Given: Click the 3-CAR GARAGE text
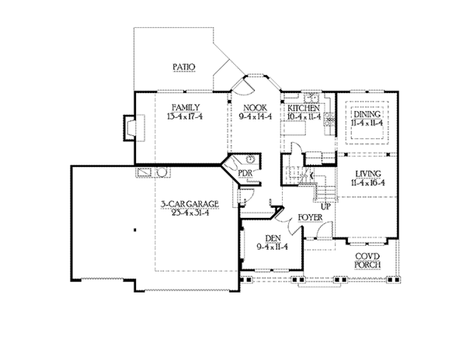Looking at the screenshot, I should click(189, 204).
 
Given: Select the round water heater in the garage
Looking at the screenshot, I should click(164, 172).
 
